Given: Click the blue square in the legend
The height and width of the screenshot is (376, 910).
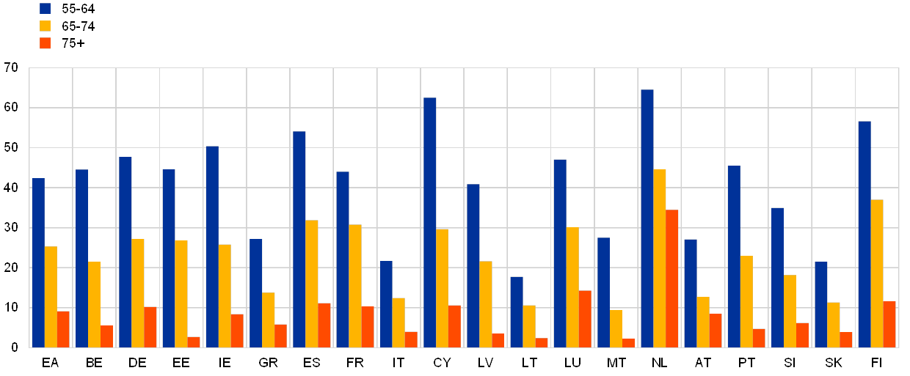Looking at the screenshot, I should (45, 9).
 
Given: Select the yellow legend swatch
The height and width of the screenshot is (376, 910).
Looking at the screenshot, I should (45, 26).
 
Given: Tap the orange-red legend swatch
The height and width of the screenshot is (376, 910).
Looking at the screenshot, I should (45, 43).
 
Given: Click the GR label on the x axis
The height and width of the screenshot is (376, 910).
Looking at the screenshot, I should (269, 363).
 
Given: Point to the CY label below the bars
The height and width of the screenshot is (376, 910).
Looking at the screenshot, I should (443, 363).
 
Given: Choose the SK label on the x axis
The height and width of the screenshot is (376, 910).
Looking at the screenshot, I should (834, 363).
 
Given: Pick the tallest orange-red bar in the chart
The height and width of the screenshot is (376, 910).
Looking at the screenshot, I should (672, 279).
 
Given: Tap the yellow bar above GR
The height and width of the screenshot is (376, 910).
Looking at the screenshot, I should (269, 320).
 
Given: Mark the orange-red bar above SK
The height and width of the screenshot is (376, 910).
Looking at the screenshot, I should (846, 339).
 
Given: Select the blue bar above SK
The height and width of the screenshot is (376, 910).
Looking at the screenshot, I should (820, 304).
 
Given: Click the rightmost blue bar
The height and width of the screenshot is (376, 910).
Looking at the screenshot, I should (864, 234).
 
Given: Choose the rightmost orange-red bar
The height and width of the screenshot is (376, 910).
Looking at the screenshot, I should (889, 324).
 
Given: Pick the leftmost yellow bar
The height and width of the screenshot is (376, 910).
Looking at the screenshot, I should (51, 297).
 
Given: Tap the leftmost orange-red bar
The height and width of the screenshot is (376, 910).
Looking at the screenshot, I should (63, 329).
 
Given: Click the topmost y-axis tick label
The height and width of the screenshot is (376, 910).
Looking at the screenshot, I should (11, 68).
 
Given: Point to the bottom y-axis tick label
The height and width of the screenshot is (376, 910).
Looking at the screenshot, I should (11, 347).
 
